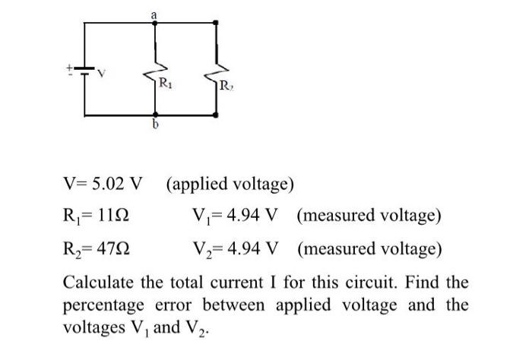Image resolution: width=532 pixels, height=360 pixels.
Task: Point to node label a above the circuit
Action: click(x=155, y=12)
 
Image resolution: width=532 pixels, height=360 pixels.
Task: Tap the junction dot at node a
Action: click(x=155, y=23)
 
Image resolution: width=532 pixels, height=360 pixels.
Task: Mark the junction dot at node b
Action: click(x=155, y=115)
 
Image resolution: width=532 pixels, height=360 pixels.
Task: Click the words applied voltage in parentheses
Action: click(x=230, y=184)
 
